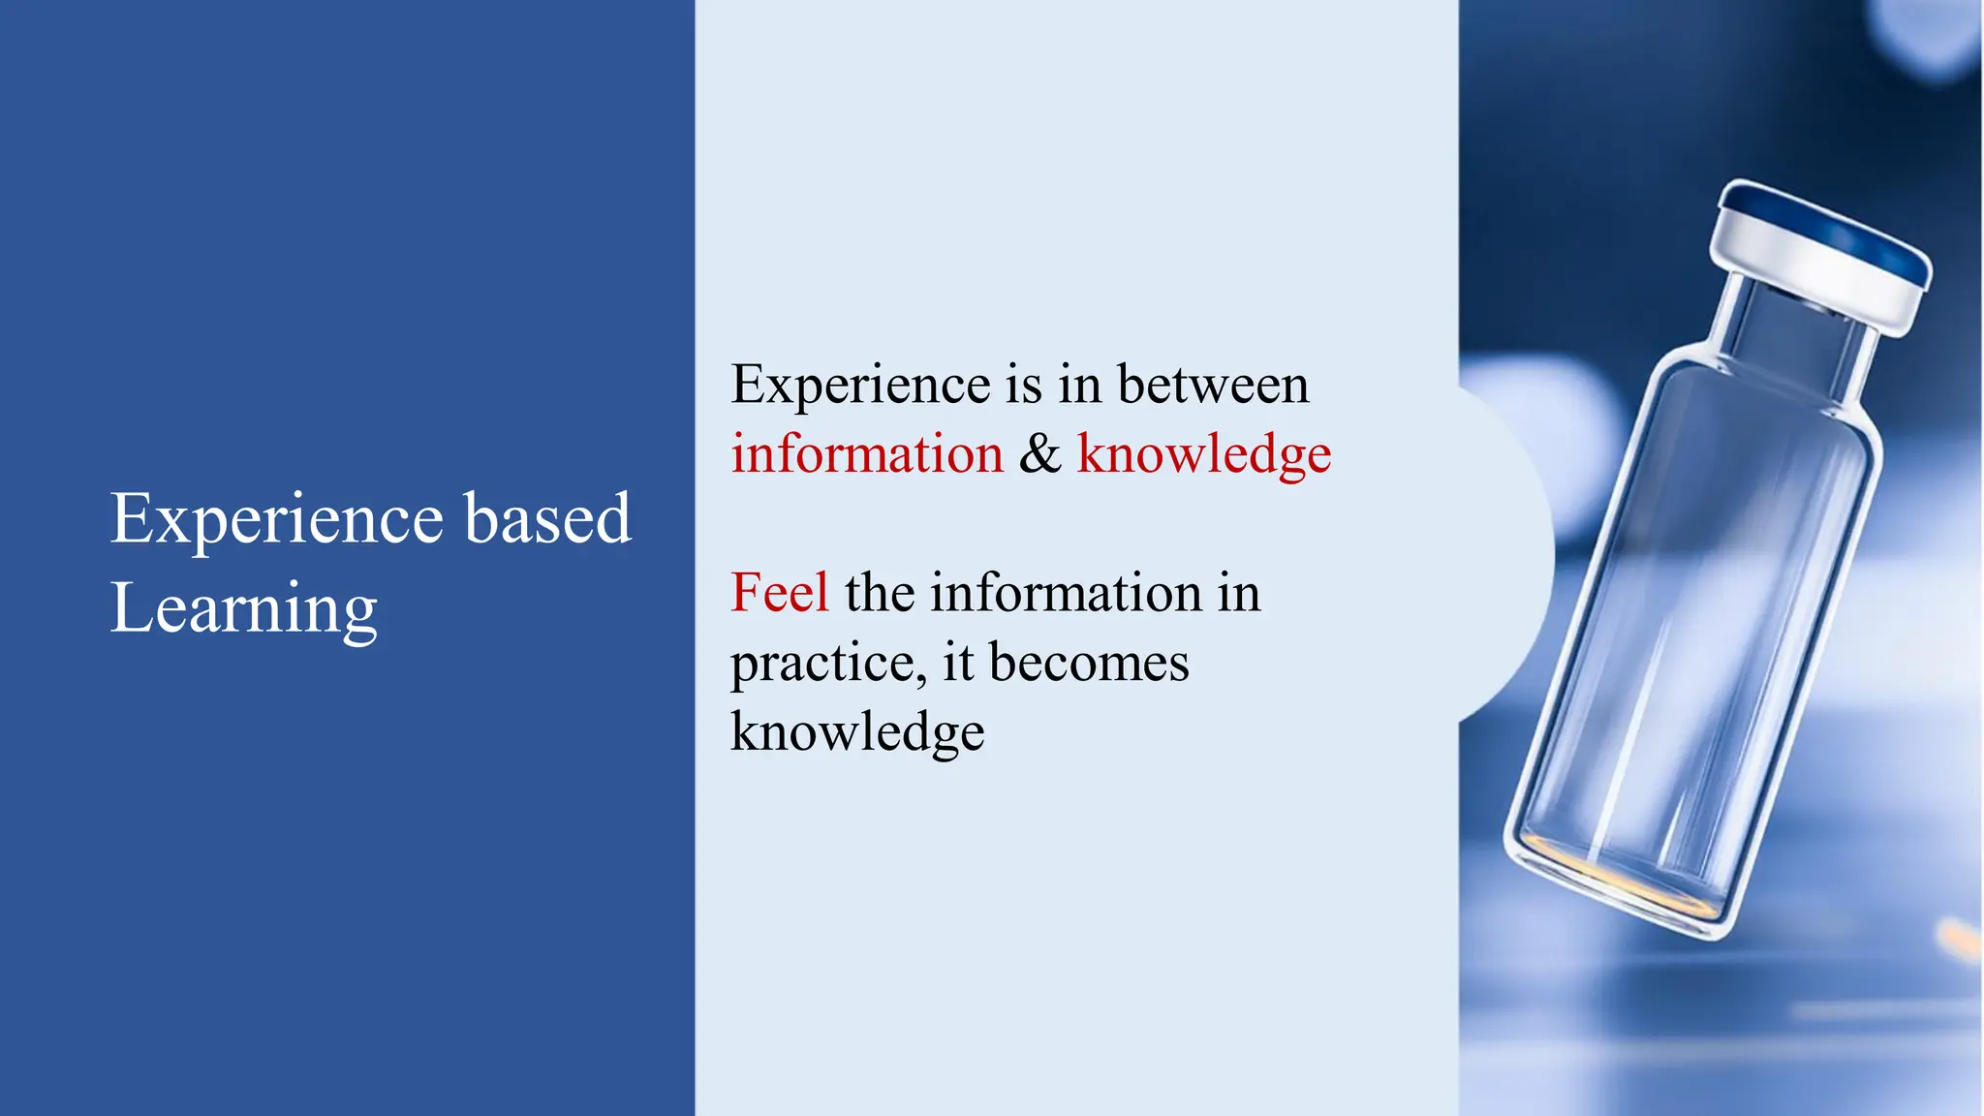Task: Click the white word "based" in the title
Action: (547, 518)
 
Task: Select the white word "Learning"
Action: (243, 609)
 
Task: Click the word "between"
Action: (1213, 384)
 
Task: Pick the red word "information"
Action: (867, 453)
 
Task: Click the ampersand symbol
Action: (1039, 453)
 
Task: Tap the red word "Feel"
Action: (779, 592)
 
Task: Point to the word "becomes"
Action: (1089, 663)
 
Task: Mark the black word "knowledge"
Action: (857, 732)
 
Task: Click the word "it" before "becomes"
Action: (958, 663)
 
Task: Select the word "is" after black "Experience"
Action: (1023, 384)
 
